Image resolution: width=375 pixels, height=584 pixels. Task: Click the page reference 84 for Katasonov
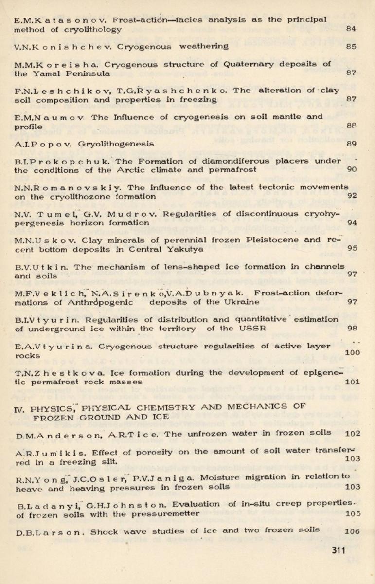(351, 29)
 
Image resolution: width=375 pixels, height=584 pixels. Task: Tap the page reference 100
(352, 352)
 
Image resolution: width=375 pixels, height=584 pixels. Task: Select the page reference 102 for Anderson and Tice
(352, 433)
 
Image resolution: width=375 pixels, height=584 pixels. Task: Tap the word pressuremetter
(171, 513)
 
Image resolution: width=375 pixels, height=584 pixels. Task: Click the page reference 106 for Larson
(352, 531)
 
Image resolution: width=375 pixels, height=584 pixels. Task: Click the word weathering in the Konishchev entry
(204, 46)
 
